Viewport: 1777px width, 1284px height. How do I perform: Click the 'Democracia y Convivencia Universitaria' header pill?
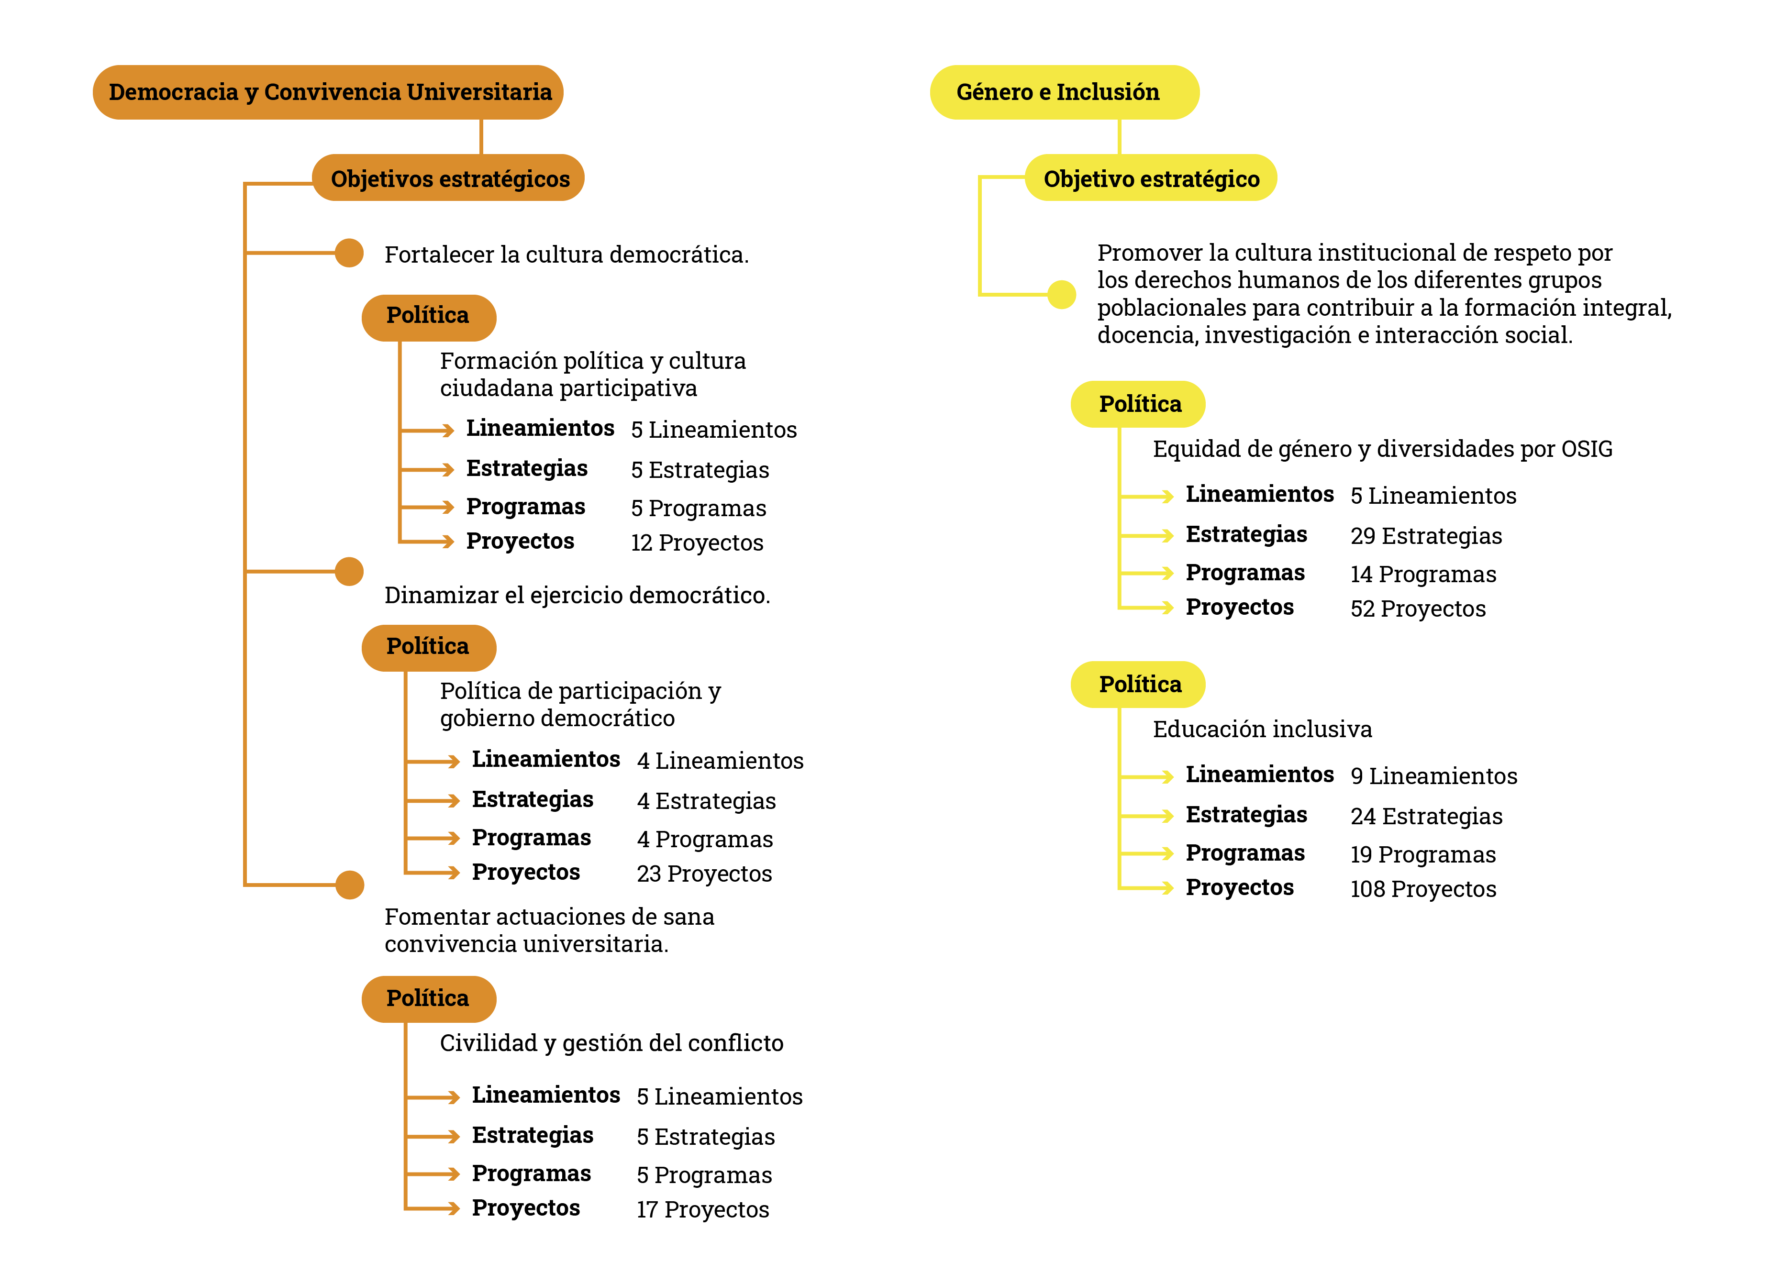[x=328, y=92]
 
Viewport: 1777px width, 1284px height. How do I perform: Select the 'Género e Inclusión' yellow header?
[x=1064, y=92]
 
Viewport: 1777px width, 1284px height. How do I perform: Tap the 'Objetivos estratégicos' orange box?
[x=448, y=178]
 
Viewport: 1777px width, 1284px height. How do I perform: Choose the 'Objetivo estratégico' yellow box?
[x=1151, y=178]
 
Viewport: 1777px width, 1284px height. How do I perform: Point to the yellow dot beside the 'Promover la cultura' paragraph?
[x=1062, y=295]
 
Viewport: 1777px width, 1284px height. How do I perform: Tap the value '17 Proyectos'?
[x=702, y=1209]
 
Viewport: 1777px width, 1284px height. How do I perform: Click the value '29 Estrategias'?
[x=1426, y=536]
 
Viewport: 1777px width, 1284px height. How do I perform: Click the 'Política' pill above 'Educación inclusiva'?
[x=1138, y=685]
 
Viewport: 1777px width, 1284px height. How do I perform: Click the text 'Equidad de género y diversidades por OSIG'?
[x=1383, y=449]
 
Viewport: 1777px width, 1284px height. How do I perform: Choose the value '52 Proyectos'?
[x=1417, y=609]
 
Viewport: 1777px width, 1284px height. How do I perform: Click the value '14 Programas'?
[x=1423, y=574]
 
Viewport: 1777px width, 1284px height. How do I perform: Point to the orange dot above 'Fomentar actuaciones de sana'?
[x=349, y=885]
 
